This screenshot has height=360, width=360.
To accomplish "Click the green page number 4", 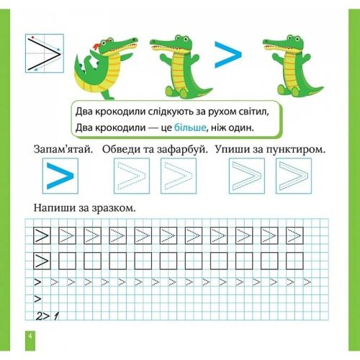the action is click(30, 336).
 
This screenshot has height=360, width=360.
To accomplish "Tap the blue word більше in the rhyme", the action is click(190, 127).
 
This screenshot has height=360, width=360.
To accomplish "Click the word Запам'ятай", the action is click(63, 149).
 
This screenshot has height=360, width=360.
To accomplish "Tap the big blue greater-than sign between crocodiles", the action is click(228, 55).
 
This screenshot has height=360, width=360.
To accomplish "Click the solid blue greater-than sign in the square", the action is click(60, 176).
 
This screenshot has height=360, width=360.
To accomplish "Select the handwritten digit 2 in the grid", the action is click(39, 316).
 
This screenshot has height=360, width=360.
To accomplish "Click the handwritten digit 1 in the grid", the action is click(56, 316).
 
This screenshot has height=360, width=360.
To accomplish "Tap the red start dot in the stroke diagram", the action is click(32, 37).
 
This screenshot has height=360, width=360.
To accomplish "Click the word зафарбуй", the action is click(183, 150).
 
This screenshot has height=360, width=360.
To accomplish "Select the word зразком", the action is click(114, 208).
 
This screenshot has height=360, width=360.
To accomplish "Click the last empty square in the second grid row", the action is click(294, 261).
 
